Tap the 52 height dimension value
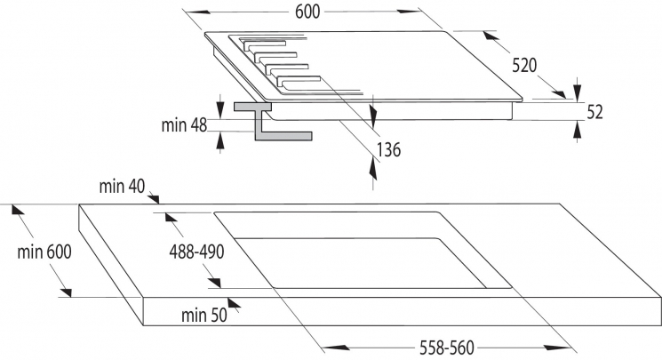(595, 112)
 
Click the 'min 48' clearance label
(184, 125)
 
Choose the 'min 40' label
(122, 187)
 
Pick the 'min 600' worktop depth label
(44, 252)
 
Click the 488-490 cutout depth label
(196, 252)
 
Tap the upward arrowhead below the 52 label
(579, 130)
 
